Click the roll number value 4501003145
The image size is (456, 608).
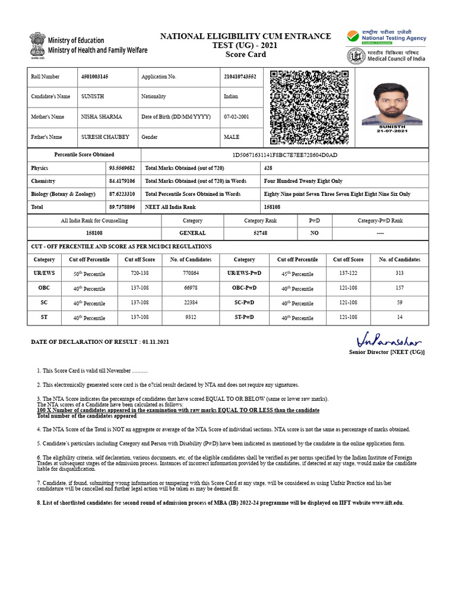(94, 77)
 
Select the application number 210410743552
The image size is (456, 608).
(240, 77)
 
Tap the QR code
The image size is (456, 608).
(309, 107)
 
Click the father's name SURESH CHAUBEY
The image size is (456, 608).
(105, 137)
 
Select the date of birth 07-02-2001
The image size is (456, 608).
(236, 117)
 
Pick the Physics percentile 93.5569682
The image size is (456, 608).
(122, 168)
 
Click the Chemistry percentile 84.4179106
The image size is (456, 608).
(122, 181)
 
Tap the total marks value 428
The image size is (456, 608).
(269, 168)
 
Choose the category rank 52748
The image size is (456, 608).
(260, 233)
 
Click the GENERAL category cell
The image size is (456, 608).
(192, 233)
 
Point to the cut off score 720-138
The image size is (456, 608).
(140, 273)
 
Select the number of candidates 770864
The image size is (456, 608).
(190, 273)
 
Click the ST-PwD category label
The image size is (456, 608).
(244, 317)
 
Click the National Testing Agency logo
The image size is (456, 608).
(387, 36)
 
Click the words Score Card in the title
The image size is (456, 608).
(245, 55)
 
